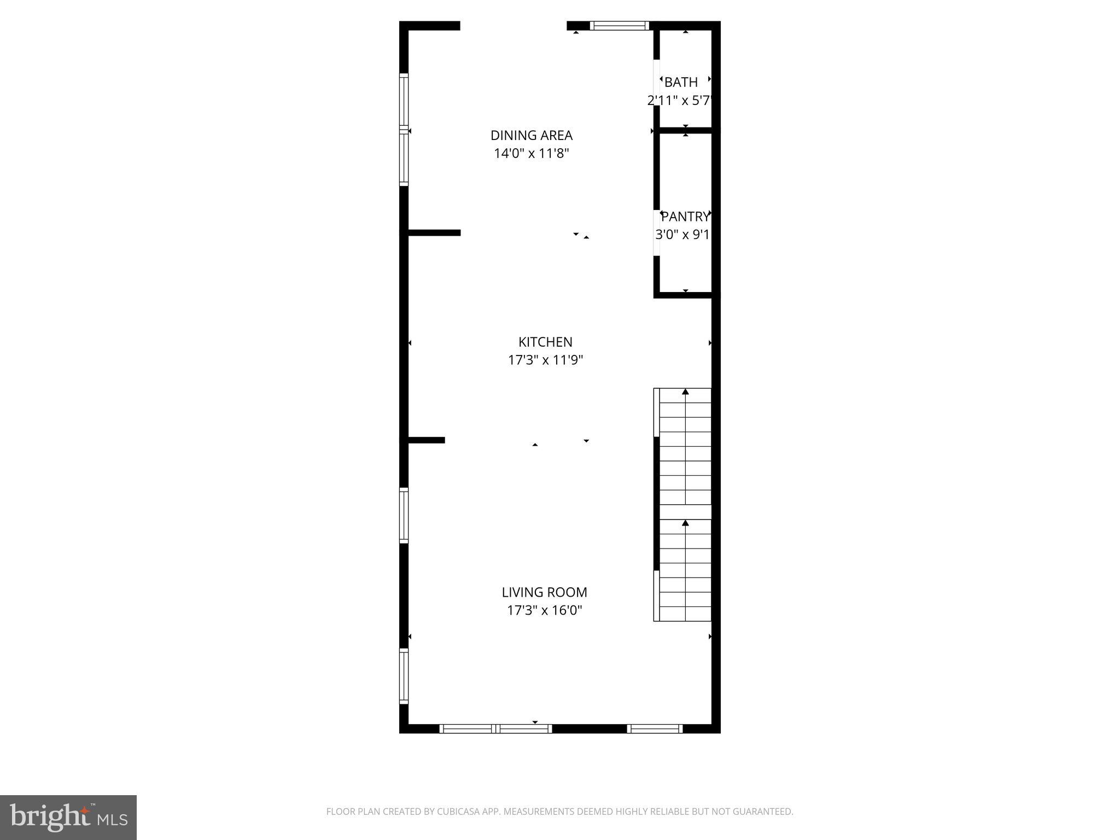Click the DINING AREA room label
531,135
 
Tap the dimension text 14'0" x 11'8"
531,153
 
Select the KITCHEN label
545,342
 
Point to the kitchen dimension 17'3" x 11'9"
545,360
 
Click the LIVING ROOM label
544,592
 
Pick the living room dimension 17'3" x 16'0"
544,610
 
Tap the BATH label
681,82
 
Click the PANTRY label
685,217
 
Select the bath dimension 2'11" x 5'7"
679,101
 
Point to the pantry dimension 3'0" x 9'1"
682,235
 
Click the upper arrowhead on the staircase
685,392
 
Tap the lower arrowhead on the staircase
685,523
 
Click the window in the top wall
620,25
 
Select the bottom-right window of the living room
655,728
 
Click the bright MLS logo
68,818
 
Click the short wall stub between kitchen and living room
427,440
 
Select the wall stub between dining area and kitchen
434,233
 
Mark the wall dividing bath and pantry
686,130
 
